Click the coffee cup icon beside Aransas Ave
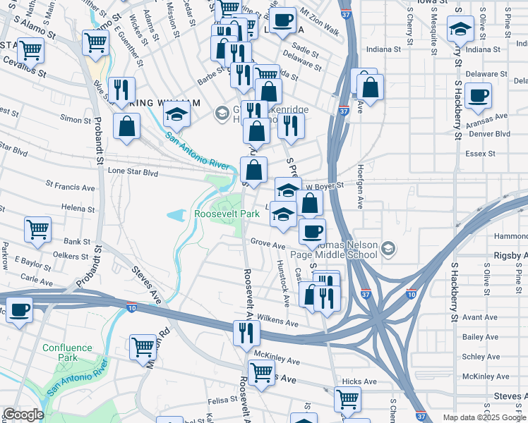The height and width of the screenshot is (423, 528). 479,95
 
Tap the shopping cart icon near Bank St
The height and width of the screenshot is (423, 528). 37,228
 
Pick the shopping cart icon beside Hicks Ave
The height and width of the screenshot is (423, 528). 347,399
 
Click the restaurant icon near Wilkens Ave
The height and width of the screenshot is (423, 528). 246,332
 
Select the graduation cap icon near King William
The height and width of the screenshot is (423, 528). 176,114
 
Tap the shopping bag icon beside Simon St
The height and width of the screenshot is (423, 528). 127,128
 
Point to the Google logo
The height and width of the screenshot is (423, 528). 23,415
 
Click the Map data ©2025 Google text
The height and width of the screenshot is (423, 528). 485,417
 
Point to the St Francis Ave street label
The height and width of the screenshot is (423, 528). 70,188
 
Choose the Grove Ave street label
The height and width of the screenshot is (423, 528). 268,244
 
